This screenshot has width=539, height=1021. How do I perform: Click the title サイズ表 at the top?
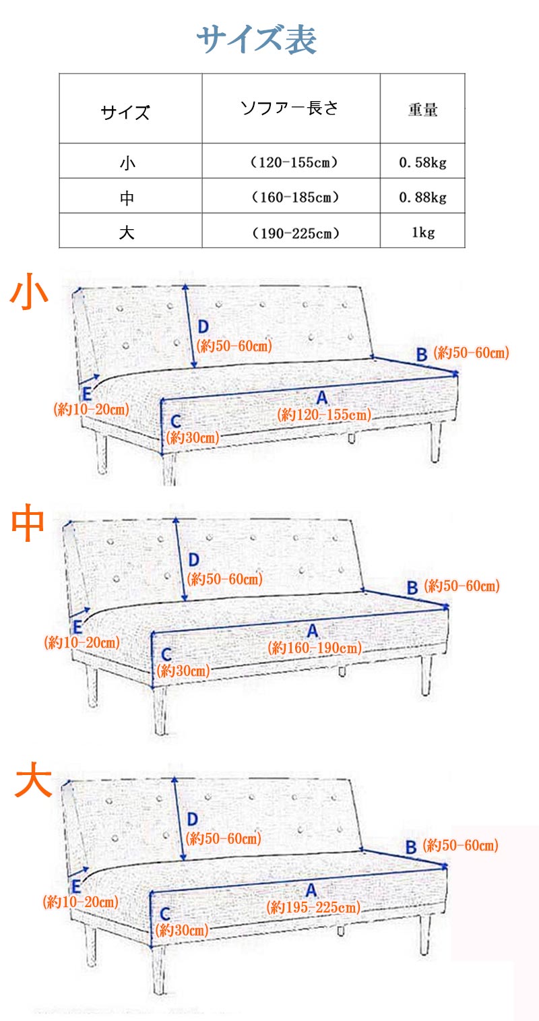tap(257, 39)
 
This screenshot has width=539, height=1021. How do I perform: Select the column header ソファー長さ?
tap(290, 108)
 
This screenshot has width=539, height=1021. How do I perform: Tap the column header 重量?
tap(423, 109)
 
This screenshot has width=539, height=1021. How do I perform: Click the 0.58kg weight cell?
tap(423, 162)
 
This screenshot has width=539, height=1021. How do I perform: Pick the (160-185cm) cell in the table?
tap(295, 197)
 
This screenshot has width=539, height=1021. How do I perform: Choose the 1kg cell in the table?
tap(423, 233)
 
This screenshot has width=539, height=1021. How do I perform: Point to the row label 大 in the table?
tap(127, 233)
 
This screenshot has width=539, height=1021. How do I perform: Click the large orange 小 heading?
tap(29, 292)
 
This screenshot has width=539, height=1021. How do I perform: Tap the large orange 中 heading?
tap(28, 522)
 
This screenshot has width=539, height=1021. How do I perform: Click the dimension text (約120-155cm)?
tap(324, 414)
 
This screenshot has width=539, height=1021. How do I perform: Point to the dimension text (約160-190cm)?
tap(315, 648)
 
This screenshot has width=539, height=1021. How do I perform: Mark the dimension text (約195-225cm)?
tap(313, 907)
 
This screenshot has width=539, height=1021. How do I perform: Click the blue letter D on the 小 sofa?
tap(203, 327)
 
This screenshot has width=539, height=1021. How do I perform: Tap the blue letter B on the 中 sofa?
tap(412, 588)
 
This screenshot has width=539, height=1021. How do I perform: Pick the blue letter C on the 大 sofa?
tap(165, 913)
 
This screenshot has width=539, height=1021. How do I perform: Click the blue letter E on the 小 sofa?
tap(86, 394)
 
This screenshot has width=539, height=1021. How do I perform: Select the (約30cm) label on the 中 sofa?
tap(183, 671)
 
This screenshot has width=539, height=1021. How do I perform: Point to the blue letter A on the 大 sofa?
tap(311, 890)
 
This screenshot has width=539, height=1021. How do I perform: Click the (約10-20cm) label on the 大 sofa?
tap(81, 902)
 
